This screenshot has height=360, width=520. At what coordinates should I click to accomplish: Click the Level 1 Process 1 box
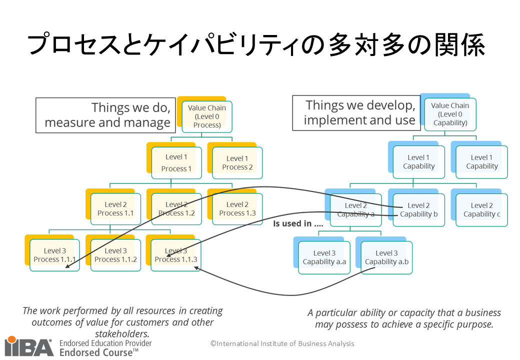pyautogui.click(x=176, y=163)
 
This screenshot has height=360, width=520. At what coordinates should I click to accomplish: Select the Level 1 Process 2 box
pyautogui.click(x=237, y=163)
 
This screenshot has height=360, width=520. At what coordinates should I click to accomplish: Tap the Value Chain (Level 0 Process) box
pyautogui.click(x=207, y=116)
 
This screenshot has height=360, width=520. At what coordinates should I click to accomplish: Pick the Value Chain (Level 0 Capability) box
pyautogui.click(x=450, y=114)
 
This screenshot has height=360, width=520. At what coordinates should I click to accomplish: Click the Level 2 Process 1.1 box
pyautogui.click(x=116, y=209)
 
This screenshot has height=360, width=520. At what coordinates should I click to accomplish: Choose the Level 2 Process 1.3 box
pyautogui.click(x=237, y=209)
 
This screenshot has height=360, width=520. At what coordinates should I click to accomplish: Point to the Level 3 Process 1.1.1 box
pyautogui.click(x=54, y=255)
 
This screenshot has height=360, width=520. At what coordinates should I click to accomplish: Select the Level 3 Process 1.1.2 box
pyautogui.click(x=115, y=255)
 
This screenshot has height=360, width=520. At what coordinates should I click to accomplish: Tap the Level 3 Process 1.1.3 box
pyautogui.click(x=176, y=255)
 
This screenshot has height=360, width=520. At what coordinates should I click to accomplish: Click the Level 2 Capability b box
pyautogui.click(x=419, y=210)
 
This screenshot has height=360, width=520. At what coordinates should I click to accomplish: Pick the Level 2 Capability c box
pyautogui.click(x=482, y=210)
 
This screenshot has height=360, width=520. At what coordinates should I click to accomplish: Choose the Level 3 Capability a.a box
pyautogui.click(x=324, y=257)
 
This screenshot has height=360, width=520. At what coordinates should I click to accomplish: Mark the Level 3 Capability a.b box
pyautogui.click(x=386, y=257)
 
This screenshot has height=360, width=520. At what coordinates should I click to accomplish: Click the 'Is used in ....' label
pyautogui.click(x=298, y=223)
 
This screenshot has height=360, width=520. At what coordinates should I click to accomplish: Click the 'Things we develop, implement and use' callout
pyautogui.click(x=356, y=113)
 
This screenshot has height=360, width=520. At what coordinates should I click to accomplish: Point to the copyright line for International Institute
pyautogui.click(x=282, y=343)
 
